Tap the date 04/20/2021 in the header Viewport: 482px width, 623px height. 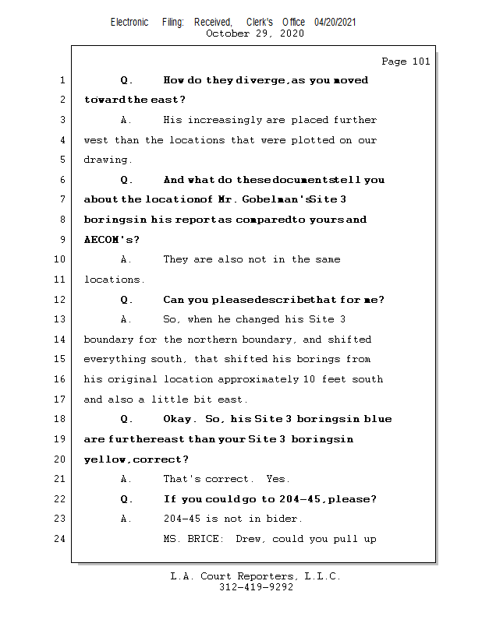(x=335, y=22)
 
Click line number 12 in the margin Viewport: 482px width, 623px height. (x=62, y=300)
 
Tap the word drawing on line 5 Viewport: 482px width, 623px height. (x=105, y=160)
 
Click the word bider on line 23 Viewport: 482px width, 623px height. (x=285, y=519)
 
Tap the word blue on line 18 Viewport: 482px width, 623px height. (x=377, y=419)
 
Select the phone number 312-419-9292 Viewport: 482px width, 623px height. (x=256, y=587)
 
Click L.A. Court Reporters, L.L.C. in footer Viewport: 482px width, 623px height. (x=256, y=576)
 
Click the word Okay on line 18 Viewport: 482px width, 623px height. (x=179, y=419)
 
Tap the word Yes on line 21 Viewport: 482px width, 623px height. (x=277, y=479)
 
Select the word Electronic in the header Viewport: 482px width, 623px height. (x=129, y=22)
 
